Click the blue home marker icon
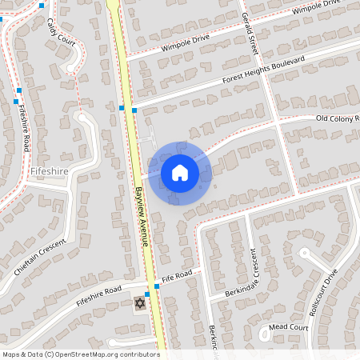180,173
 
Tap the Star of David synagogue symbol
141,303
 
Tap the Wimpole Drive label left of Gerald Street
184,42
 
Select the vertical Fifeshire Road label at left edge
25,128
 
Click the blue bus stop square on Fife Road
147,294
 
